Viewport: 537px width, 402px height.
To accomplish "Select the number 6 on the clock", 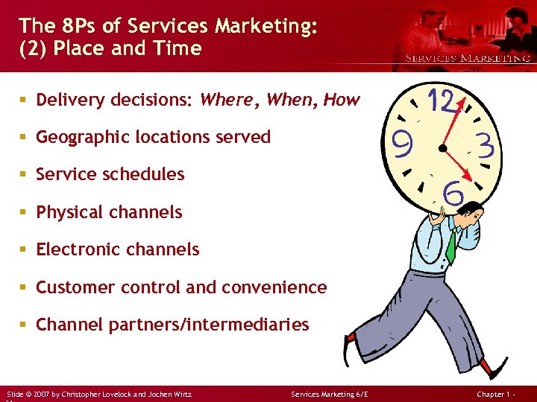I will pos(452,193).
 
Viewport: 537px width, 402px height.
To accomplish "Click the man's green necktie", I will pos(451,245).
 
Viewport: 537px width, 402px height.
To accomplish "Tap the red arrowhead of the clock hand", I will pos(468,176).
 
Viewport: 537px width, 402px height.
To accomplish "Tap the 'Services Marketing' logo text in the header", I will pos(467,58).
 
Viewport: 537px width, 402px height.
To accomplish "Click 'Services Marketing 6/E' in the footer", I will pos(330,393).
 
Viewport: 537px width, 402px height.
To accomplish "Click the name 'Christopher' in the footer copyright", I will pos(88,393).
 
